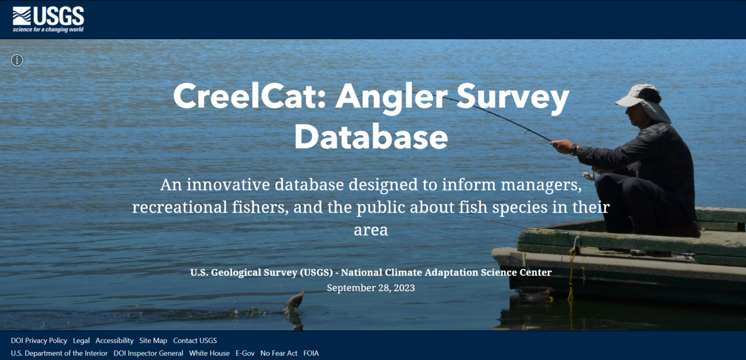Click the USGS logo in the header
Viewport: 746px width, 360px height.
coord(48,19)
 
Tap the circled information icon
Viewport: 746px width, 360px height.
coord(17,60)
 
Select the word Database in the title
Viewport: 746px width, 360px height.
coord(371,137)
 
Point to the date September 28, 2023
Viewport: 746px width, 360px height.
coord(371,288)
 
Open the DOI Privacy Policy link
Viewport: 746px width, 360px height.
coord(39,340)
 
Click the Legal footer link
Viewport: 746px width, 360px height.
coord(81,340)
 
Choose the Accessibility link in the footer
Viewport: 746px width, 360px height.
coord(114,340)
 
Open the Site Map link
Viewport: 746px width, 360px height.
coord(153,340)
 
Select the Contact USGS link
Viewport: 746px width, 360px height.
coord(195,340)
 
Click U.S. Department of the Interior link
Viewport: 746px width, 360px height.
coord(59,353)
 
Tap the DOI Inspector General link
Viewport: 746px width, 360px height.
coord(148,353)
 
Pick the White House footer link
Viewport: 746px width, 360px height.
coord(209,353)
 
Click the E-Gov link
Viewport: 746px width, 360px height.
coord(245,353)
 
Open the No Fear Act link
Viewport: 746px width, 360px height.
coord(279,353)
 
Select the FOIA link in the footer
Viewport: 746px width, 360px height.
coord(311,353)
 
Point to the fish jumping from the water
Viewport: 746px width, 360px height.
coord(294,301)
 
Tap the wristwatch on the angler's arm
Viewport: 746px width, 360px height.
coord(573,150)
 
